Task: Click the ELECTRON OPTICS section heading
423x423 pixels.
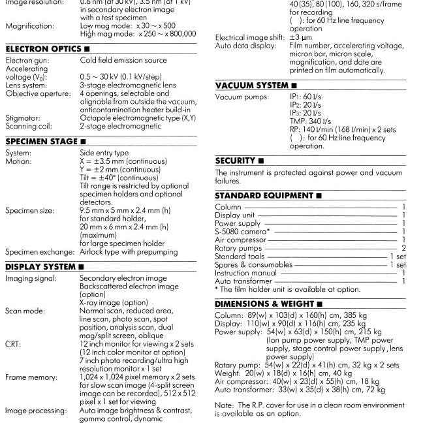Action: pos(44,49)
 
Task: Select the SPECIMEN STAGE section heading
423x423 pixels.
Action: pos(44,141)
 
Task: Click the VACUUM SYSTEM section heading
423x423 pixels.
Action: pos(252,86)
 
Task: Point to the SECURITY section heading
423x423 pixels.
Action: pos(236,161)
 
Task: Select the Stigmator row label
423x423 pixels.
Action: pos(23,118)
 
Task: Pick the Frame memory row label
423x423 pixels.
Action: pos(30,377)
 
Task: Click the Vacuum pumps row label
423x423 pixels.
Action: pos(242,97)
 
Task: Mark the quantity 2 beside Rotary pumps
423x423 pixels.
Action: pos(403,248)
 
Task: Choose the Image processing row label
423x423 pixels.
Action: pos(35,411)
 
